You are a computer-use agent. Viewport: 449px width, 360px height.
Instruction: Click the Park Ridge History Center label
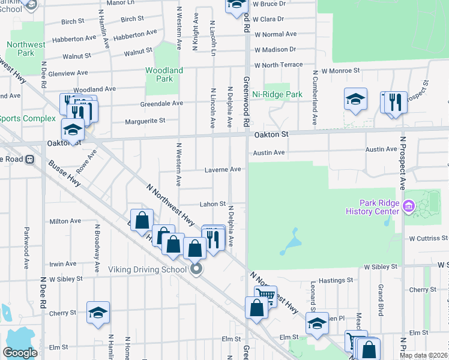coord(372,207)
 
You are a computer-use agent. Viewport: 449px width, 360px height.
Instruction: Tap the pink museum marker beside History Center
coord(409,206)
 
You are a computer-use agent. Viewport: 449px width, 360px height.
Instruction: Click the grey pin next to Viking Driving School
coord(196,269)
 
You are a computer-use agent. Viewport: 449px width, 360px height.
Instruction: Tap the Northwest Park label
coord(26,49)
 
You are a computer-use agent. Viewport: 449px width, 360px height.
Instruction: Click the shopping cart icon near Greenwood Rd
coord(265,295)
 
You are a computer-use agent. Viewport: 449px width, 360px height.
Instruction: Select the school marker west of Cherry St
coord(98,312)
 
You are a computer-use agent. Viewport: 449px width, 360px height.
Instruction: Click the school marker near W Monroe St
coord(355,98)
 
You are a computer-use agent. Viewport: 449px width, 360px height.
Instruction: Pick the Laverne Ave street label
coord(223,170)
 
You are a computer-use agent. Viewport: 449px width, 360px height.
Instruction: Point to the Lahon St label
coord(212,205)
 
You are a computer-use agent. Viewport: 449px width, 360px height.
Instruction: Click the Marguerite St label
coord(145,121)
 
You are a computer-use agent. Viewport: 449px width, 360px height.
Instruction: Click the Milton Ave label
coord(65,221)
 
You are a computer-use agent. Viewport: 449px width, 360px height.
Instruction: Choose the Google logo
coord(20,353)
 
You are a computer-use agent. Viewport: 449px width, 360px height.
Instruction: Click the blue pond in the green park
coord(291,241)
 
